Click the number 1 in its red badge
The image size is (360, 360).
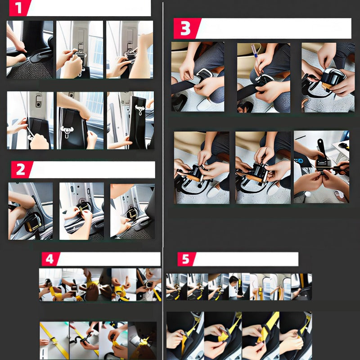[x=18, y=8]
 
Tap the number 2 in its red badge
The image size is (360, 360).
[x=20, y=170]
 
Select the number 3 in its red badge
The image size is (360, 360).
[x=185, y=28]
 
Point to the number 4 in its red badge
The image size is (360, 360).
[x=49, y=259]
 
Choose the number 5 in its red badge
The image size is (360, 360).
[x=185, y=259]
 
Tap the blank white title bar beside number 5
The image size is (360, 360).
[x=246, y=259]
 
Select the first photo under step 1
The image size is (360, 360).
[x=30, y=49]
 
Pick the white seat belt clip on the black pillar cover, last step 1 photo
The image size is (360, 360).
[x=140, y=110]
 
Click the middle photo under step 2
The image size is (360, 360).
[x=81, y=211]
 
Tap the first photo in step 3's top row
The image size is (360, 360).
[x=198, y=76]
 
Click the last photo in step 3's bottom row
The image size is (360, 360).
[x=321, y=167]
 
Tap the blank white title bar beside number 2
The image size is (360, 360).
[x=92, y=170]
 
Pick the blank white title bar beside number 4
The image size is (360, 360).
[x=109, y=259]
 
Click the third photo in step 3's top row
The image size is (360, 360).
[x=328, y=77]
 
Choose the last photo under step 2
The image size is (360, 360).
[x=132, y=211]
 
